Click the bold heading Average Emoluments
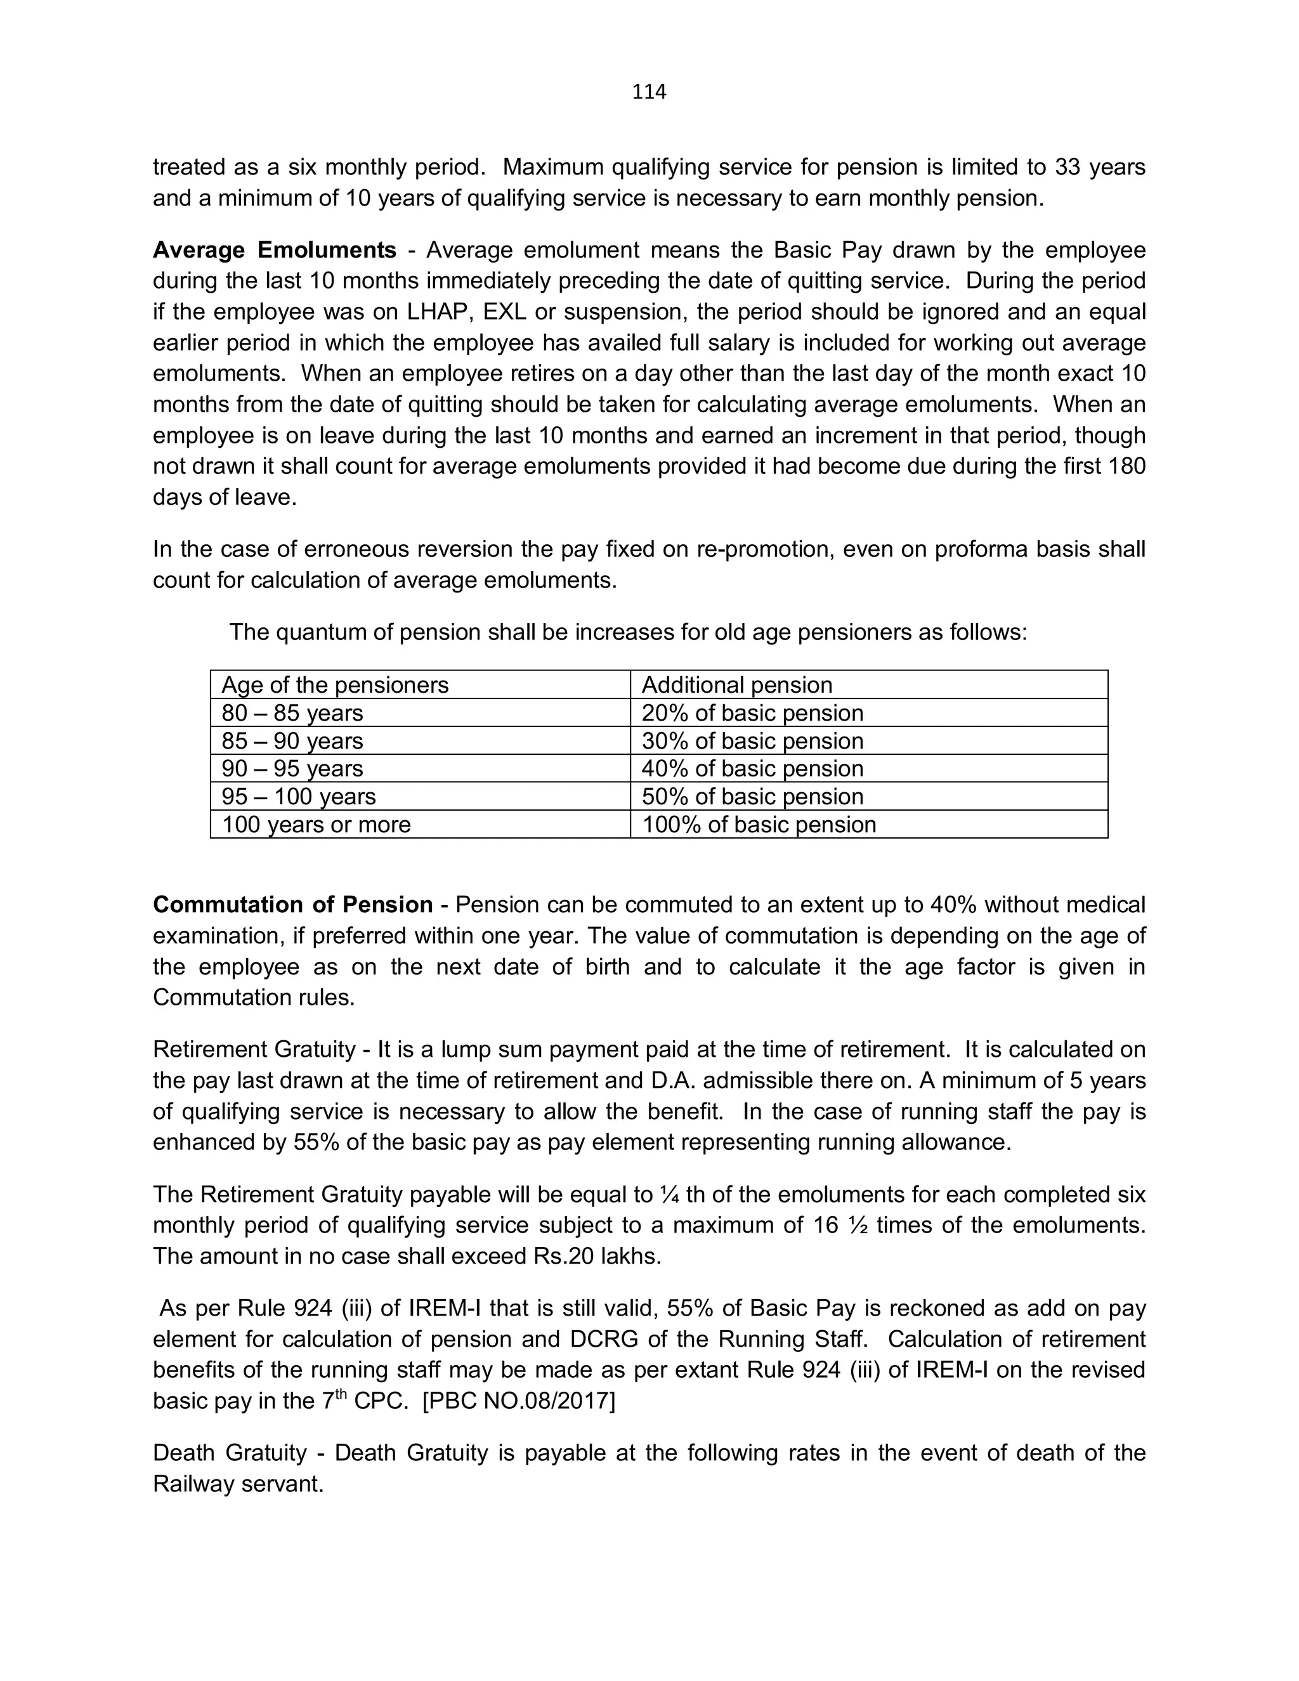coord(274,250)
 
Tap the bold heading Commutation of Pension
coord(292,905)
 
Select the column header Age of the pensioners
coord(335,685)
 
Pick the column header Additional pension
coord(736,685)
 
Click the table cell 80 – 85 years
coord(292,713)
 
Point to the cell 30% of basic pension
coord(752,740)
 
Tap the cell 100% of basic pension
coord(758,825)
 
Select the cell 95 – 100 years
coord(299,796)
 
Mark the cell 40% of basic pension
coord(752,768)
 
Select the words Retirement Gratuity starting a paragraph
coord(254,1049)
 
